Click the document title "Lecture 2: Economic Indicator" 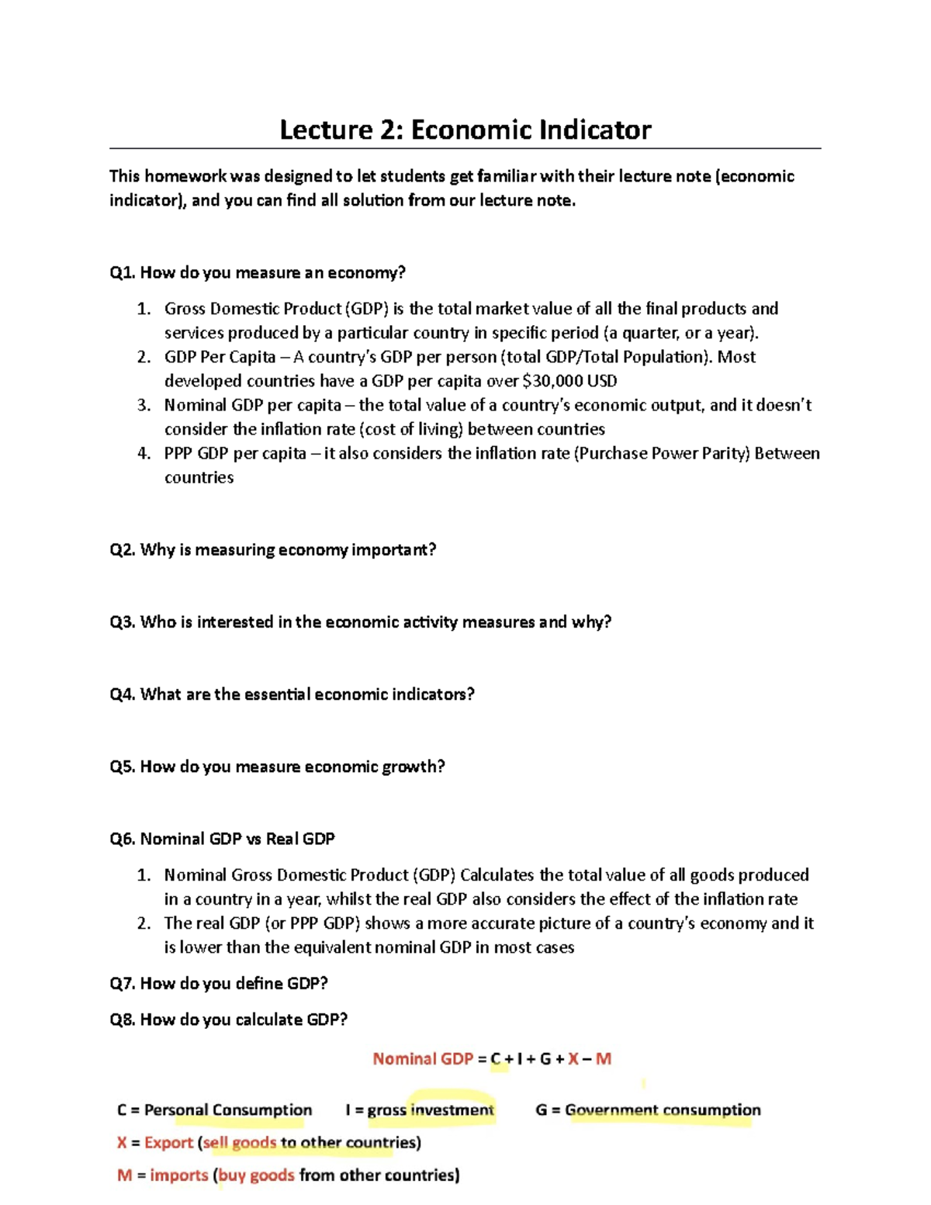(x=465, y=130)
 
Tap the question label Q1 (x=123, y=272)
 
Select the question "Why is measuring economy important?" (x=288, y=550)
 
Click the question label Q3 (x=123, y=622)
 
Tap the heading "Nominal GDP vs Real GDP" (x=237, y=839)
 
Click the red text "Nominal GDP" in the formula (x=422, y=1059)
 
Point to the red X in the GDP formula (x=573, y=1059)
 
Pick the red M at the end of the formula (x=603, y=1059)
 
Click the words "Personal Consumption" (x=228, y=1110)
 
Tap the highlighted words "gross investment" (x=431, y=1110)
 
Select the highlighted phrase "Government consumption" (x=663, y=1110)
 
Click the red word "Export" (x=168, y=1143)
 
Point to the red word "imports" (x=178, y=1176)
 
